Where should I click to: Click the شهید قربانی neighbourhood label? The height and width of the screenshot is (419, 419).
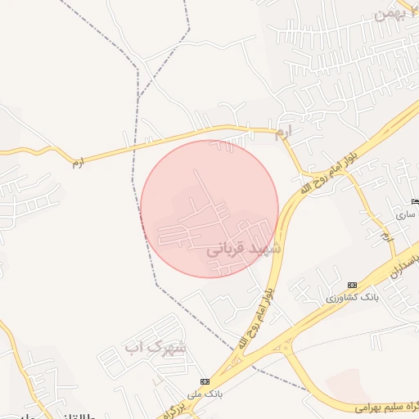tap(243, 247)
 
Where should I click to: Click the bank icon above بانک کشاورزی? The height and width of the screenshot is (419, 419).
tap(352, 285)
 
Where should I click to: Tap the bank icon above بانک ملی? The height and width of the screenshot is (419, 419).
tap(205, 382)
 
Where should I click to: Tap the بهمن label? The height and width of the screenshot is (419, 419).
tap(390, 13)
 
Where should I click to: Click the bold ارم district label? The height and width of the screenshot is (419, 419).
tap(283, 131)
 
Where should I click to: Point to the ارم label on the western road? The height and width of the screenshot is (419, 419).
tap(77, 162)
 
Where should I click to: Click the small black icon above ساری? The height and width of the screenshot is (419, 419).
tap(414, 201)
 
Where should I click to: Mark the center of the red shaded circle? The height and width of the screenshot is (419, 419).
tap(209, 209)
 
